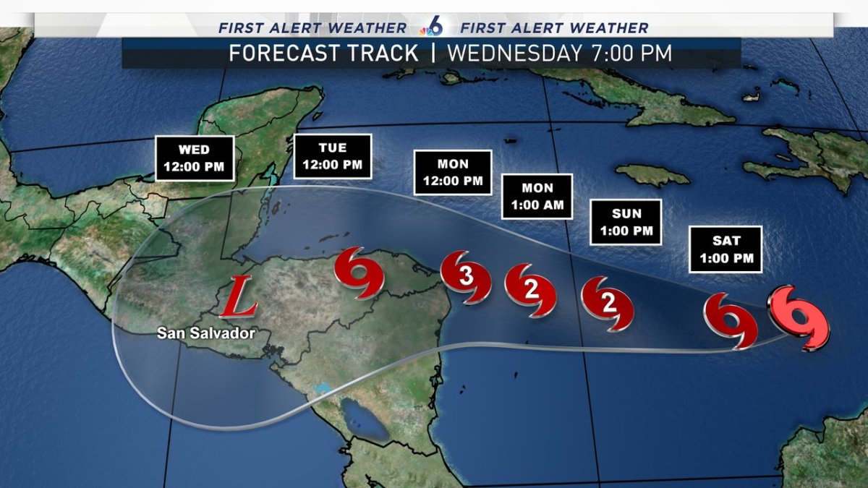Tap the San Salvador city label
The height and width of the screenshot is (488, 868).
coord(208,333)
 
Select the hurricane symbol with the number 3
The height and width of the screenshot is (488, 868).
coord(466,276)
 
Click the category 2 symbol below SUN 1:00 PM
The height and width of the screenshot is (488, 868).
coord(608,303)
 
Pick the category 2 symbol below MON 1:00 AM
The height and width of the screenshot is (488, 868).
coord(530,291)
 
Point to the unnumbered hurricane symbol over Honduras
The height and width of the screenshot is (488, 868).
coord(358,273)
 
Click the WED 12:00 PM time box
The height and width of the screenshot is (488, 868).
coord(195,158)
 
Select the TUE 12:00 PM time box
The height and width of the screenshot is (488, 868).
coord(332,156)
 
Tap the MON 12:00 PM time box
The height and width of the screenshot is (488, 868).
coord(453,172)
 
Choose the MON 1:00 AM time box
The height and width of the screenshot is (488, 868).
coord(537,196)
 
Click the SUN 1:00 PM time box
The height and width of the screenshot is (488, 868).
coord(626,222)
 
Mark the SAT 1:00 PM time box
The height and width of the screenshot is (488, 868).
coord(725,249)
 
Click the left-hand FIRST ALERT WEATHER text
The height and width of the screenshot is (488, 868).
coord(312,28)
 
